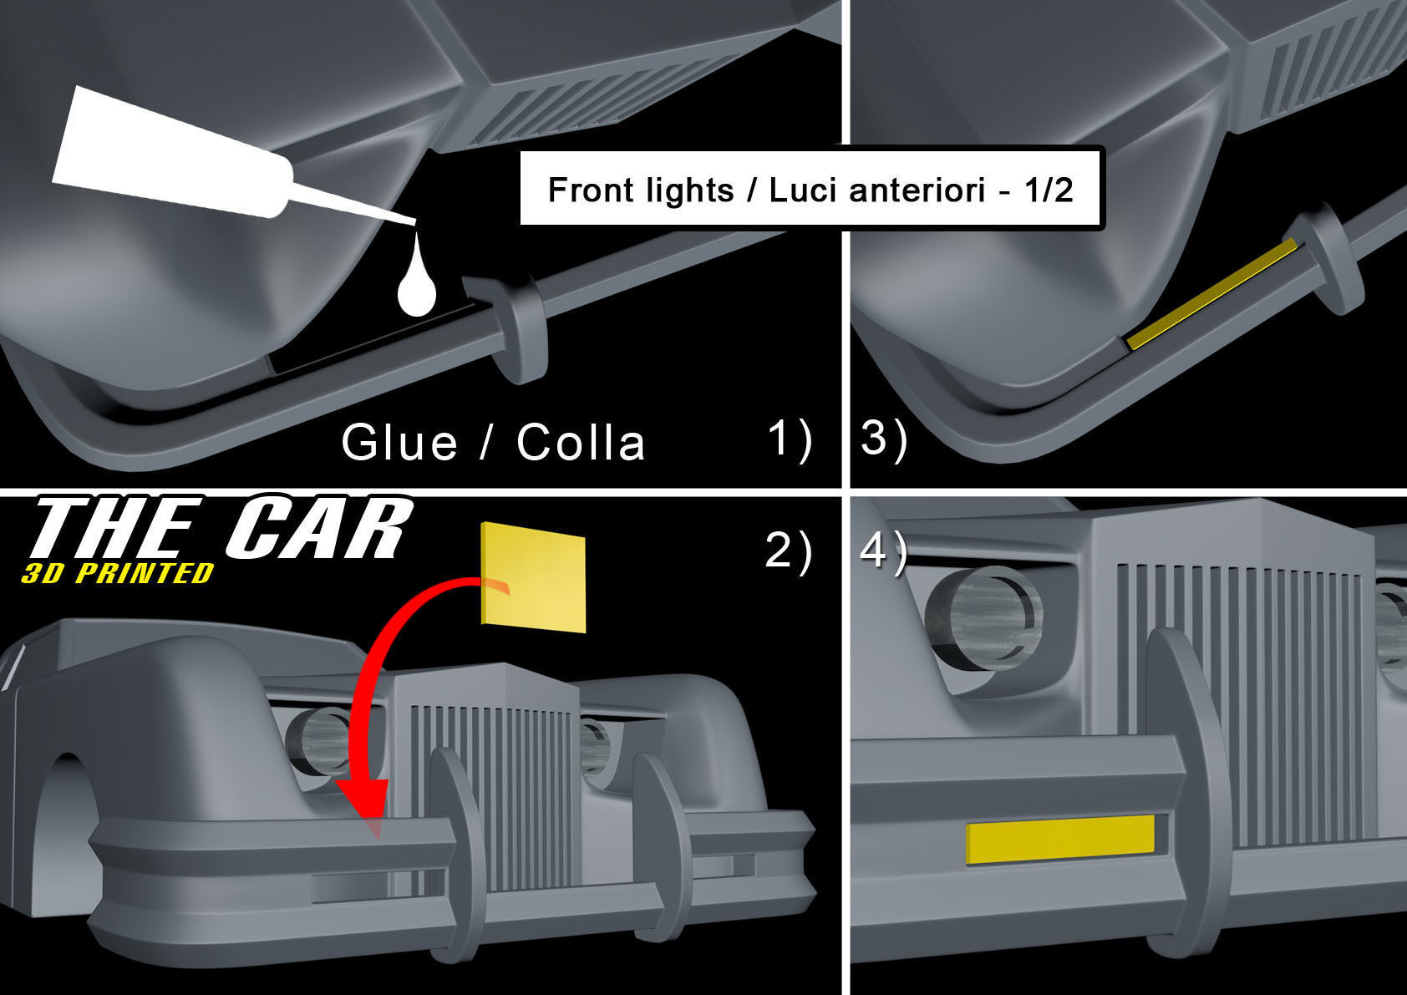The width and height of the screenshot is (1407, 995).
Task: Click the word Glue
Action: (x=399, y=442)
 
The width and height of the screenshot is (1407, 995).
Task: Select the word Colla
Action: (x=581, y=442)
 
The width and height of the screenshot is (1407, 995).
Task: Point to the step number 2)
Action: (x=789, y=551)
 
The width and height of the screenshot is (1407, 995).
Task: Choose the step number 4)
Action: (x=883, y=551)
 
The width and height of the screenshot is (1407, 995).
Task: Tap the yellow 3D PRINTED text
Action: (x=118, y=573)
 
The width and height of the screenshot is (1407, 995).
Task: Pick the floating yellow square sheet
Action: (x=533, y=576)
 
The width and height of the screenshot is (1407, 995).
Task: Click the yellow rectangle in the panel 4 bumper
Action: (x=1060, y=840)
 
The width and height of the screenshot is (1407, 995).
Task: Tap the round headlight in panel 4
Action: (x=984, y=618)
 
